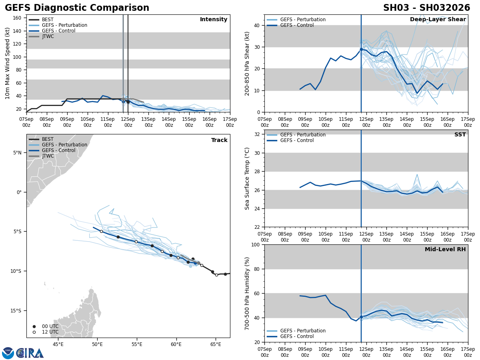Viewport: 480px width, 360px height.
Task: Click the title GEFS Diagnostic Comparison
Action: (77, 8)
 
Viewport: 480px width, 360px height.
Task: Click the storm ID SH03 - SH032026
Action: (426, 8)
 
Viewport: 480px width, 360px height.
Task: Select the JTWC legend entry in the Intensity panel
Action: (48, 36)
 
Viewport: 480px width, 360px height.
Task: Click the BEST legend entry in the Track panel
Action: (48, 139)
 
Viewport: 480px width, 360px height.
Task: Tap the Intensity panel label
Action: (214, 20)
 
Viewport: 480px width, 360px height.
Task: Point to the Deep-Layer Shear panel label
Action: (438, 20)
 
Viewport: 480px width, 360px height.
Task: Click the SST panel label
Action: (460, 135)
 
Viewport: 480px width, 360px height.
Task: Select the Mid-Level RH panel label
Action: (445, 250)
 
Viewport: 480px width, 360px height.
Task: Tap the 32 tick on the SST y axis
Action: (257, 134)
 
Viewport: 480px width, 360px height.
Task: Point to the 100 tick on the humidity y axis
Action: (256, 245)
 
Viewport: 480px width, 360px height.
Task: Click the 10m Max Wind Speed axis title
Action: (8, 63)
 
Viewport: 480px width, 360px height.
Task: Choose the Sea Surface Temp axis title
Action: (247, 178)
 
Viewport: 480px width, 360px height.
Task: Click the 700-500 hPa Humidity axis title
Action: (247, 293)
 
